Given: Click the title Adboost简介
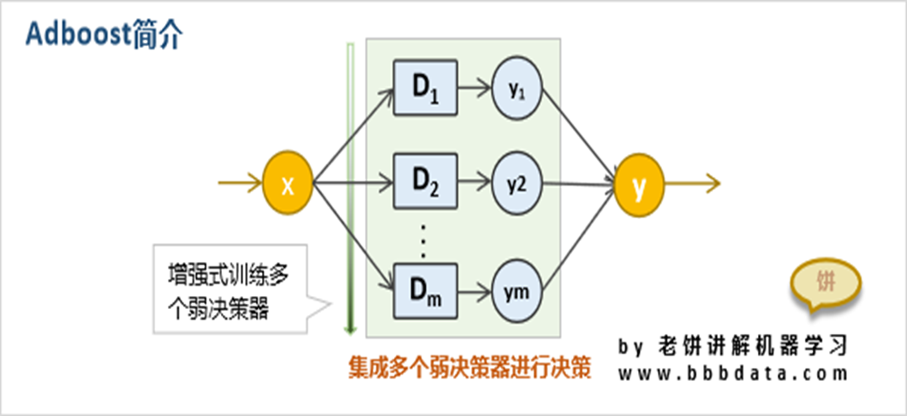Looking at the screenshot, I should click(104, 33).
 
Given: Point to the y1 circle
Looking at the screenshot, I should click(516, 87).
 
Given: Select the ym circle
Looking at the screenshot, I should click(516, 290).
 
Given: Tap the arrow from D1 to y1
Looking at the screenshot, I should click(474, 87).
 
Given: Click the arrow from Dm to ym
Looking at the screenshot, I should click(474, 290).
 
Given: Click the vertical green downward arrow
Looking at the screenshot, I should click(349, 188).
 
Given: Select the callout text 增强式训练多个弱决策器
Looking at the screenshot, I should click(227, 292).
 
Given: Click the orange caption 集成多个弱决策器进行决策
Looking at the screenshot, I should click(470, 367).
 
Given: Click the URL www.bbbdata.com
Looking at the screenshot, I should click(733, 374).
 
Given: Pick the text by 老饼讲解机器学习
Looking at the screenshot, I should click(733, 345).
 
